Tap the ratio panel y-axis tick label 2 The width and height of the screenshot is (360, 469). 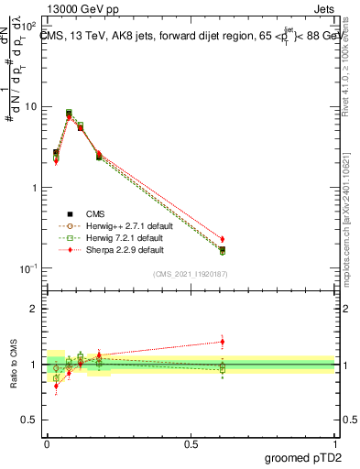(34, 309)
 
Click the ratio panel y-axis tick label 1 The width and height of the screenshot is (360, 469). (34, 365)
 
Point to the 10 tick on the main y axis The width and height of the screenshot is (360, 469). (30, 106)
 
